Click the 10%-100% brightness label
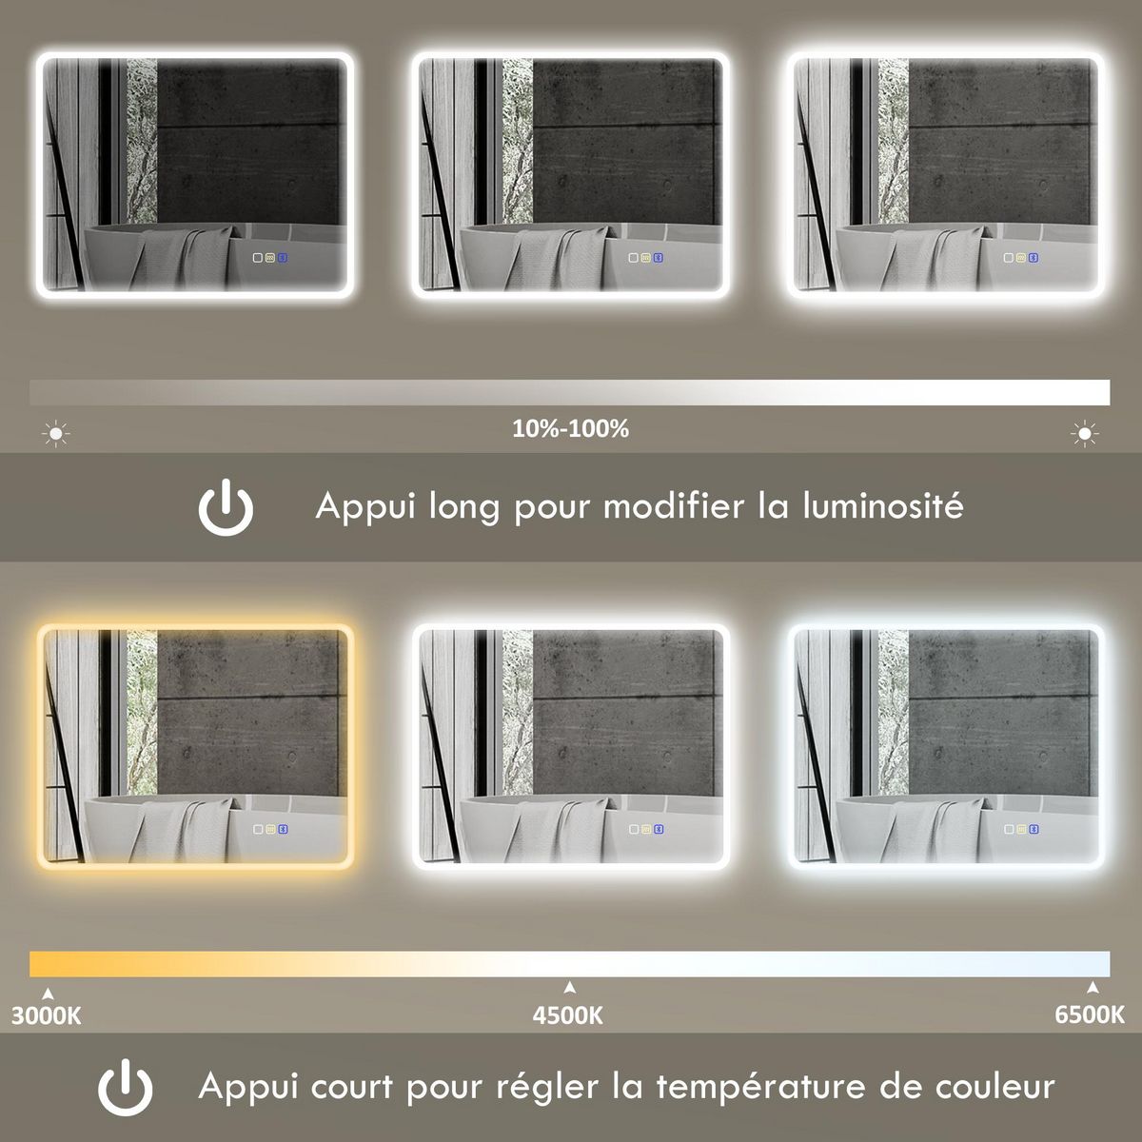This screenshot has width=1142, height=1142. tap(570, 429)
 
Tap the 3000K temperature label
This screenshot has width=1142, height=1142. tap(46, 1015)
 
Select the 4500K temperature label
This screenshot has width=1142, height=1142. tap(568, 1015)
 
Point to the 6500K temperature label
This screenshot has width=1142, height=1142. tap(1090, 1015)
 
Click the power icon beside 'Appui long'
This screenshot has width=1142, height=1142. tap(226, 507)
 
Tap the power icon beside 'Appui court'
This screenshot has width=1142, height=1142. tap(126, 1087)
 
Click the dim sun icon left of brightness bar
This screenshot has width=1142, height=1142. tap(56, 435)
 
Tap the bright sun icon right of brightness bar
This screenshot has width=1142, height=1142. tap(1084, 435)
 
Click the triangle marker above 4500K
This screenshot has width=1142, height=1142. tap(569, 987)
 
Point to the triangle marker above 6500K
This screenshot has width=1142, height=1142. tap(1093, 987)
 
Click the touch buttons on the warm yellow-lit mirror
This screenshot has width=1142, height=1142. tap(270, 828)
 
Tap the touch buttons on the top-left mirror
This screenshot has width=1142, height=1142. tap(270, 257)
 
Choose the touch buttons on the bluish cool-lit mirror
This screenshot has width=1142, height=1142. tap(1021, 828)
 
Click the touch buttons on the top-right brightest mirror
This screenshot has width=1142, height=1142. tap(1021, 257)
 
